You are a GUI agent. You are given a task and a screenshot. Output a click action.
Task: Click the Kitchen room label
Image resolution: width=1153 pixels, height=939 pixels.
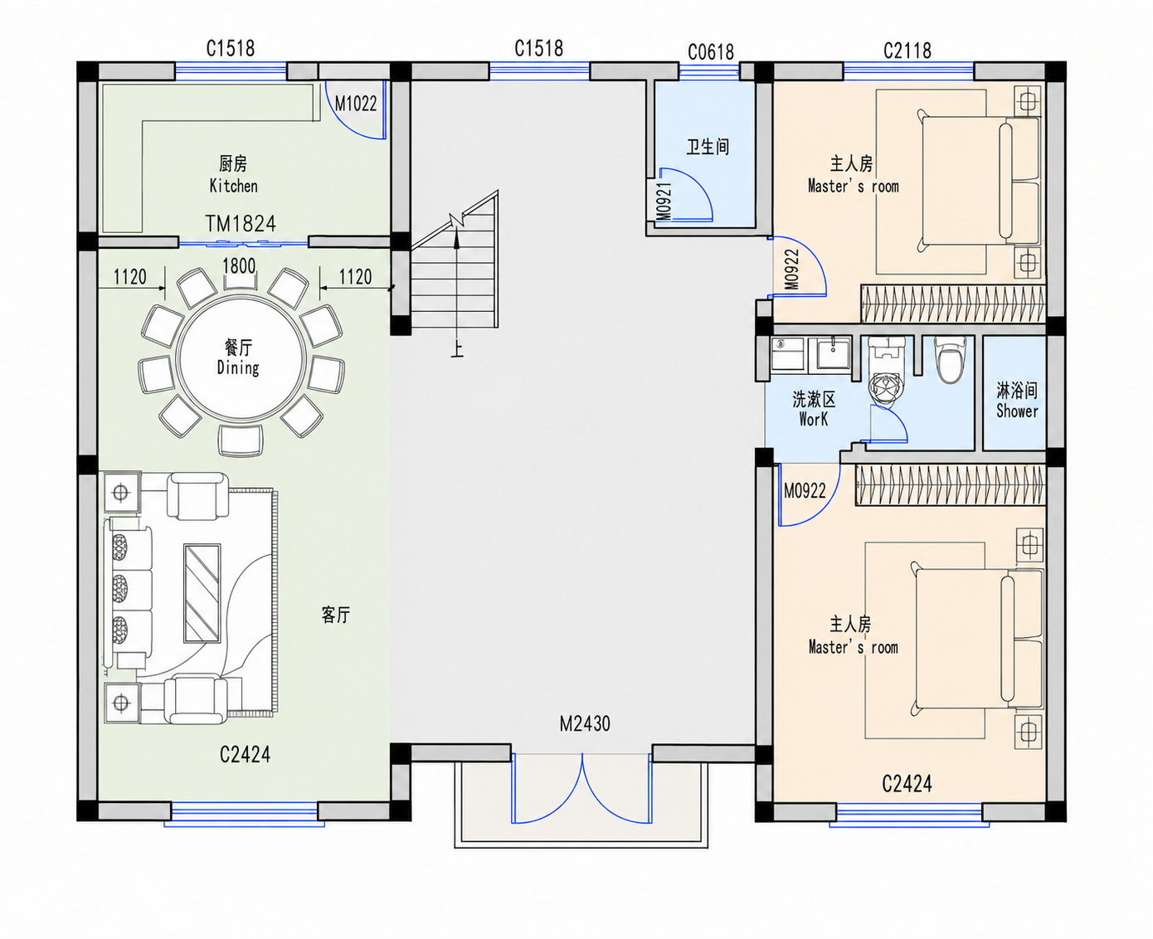[x=233, y=186]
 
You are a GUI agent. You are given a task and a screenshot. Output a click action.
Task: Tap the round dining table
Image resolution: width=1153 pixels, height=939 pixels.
[x=241, y=358]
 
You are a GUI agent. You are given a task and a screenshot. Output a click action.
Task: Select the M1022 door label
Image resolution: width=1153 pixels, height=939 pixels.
[x=356, y=104]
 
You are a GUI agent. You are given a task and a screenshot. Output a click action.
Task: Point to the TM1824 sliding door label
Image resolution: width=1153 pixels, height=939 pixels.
[x=241, y=223]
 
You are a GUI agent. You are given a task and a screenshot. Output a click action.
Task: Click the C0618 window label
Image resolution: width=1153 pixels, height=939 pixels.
[x=711, y=52]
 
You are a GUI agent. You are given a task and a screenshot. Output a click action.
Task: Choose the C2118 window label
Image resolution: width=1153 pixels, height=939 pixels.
[x=907, y=51]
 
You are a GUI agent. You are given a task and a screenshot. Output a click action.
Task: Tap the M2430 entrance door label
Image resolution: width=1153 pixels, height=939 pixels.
[x=585, y=724]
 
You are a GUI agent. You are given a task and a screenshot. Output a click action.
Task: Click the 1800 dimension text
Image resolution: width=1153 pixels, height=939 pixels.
[x=239, y=265]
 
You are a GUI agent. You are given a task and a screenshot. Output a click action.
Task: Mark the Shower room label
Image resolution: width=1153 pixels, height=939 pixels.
[x=1017, y=411]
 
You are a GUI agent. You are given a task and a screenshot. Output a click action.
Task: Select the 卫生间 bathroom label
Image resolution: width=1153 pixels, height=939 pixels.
[x=708, y=147]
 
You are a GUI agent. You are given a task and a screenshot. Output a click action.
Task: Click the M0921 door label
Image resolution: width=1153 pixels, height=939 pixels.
[x=664, y=202]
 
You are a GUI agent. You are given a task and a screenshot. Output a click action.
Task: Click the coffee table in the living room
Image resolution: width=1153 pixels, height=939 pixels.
[x=202, y=593]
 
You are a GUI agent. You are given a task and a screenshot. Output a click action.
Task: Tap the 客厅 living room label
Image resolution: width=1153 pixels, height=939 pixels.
[x=336, y=615]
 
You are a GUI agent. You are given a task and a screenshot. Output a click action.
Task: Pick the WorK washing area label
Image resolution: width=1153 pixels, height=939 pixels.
[x=814, y=419]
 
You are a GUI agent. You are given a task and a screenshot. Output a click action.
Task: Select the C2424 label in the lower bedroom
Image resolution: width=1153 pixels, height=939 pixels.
[x=907, y=784]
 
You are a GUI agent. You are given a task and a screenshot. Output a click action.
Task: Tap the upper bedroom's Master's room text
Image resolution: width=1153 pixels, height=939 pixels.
[x=853, y=187]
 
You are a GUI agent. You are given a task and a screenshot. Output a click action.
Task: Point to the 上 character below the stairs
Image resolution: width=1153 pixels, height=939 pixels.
[x=457, y=349]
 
